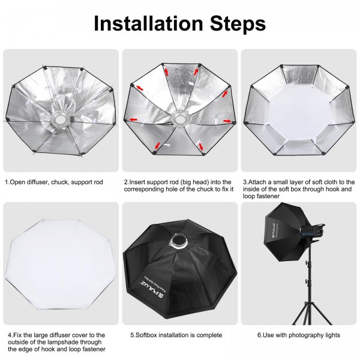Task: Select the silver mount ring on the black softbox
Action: (x=178, y=241)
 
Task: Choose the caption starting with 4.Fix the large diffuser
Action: (x=55, y=341)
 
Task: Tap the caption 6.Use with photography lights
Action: (x=290, y=335)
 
